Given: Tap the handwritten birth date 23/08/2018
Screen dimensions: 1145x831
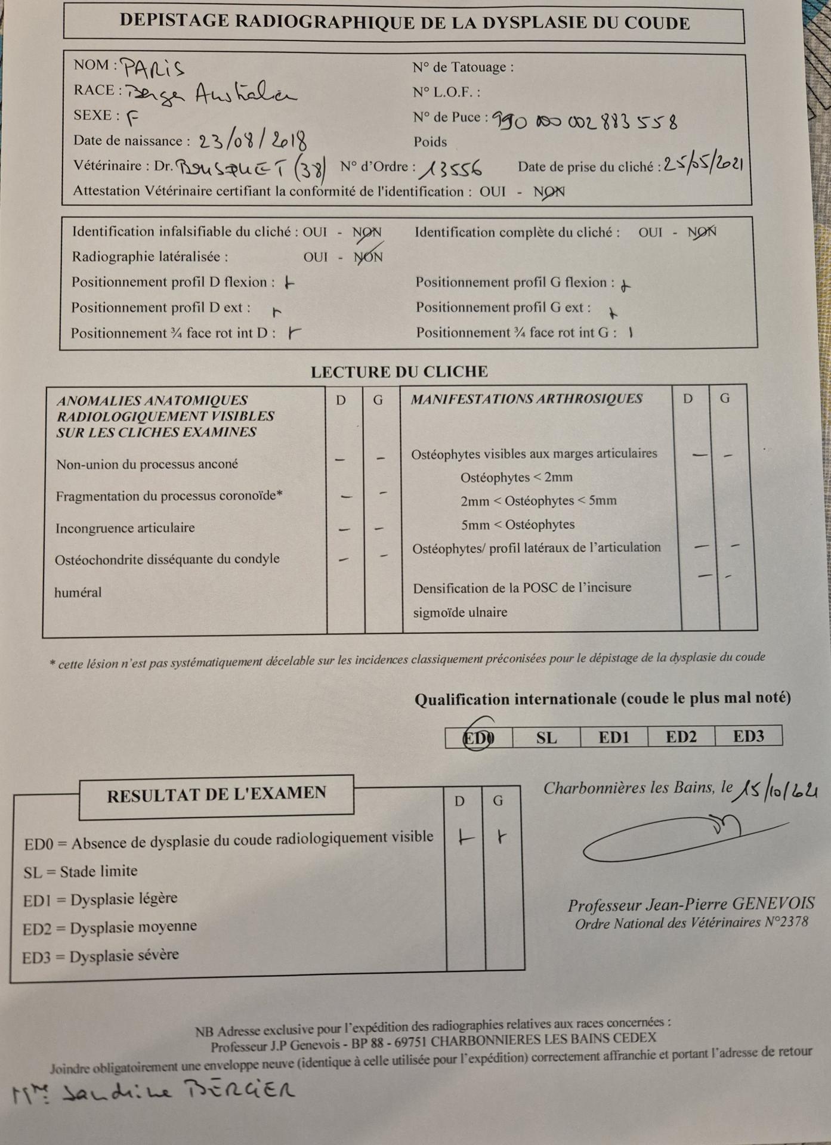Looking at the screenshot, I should [253, 141].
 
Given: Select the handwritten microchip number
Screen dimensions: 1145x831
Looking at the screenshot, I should [585, 121].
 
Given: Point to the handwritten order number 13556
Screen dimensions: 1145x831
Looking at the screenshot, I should [450, 169].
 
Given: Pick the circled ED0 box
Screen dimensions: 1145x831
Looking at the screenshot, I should [478, 738].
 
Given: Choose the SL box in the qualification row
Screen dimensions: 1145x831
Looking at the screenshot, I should [546, 738].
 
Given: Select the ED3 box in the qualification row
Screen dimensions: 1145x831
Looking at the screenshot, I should [748, 736].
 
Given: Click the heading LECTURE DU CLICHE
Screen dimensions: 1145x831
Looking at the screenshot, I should [399, 372].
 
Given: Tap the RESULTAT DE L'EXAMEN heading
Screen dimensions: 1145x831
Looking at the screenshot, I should [217, 794].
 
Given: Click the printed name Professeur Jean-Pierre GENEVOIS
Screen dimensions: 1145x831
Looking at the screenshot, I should [691, 904].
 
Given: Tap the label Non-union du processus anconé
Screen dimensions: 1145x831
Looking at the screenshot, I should [147, 464].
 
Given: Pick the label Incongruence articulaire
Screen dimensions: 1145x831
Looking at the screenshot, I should [125, 528].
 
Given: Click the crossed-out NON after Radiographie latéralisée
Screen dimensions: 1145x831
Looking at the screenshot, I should [368, 256].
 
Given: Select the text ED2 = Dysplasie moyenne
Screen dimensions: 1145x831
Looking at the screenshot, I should [110, 927].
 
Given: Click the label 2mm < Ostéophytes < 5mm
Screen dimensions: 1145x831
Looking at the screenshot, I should [538, 500].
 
